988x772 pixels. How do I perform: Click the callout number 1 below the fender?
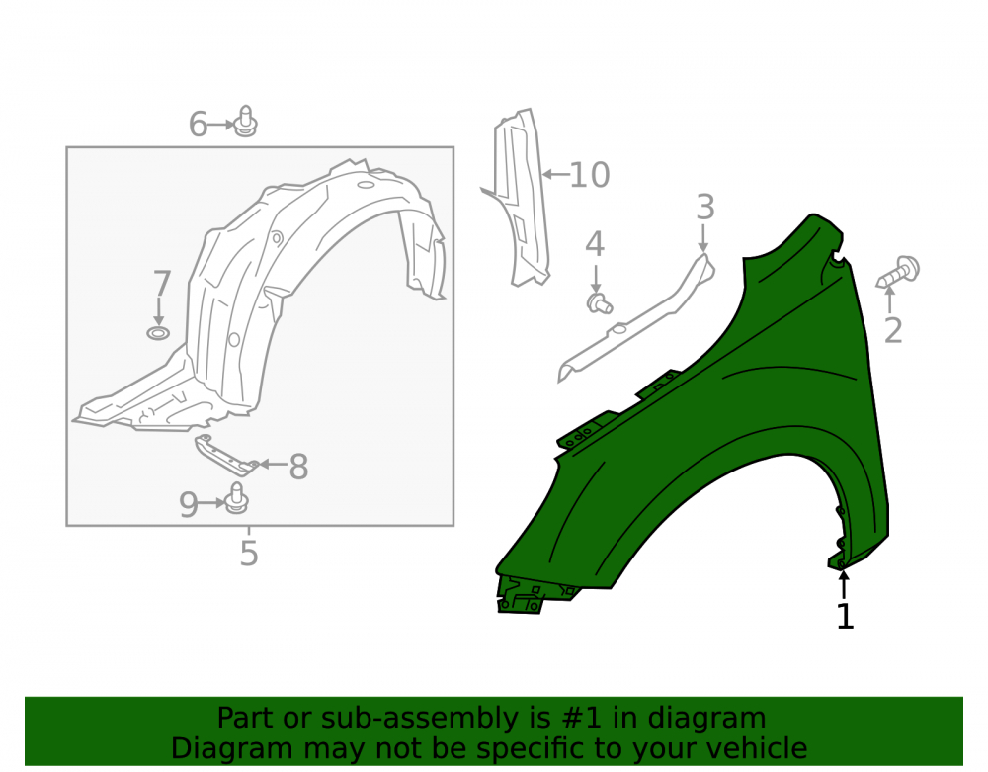845,617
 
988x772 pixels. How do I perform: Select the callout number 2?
893,330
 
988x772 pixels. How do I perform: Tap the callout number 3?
705,208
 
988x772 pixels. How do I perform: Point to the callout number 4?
595,244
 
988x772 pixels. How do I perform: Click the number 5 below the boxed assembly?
249,554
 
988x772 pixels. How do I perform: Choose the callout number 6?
198,125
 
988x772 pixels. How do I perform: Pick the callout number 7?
162,284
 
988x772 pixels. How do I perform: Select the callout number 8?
298,467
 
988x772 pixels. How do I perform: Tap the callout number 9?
189,504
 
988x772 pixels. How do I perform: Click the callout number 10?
590,175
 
